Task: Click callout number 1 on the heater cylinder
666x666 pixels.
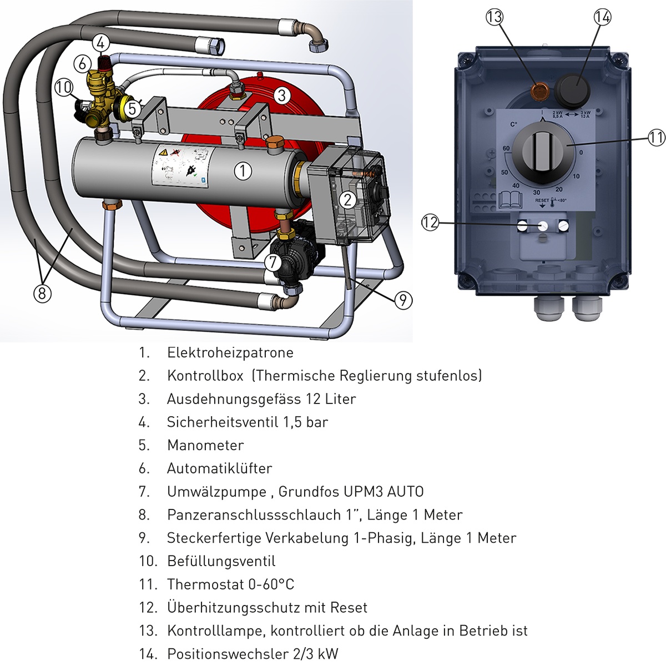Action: [243, 171]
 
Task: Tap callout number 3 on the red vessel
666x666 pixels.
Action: [282, 95]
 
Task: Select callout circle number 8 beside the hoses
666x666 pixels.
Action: [42, 292]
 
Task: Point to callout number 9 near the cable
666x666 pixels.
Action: [403, 300]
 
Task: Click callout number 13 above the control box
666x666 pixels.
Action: [494, 17]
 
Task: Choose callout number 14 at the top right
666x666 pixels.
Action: [602, 17]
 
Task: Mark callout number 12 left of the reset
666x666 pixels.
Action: [430, 223]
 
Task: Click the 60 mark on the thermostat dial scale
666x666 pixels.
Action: [506, 149]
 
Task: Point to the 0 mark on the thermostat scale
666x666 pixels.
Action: [581, 153]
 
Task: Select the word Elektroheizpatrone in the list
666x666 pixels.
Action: [230, 352]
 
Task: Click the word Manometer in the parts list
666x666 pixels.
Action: [205, 445]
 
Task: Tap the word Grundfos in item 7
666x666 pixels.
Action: [309, 492]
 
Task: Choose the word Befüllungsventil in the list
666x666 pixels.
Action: [221, 561]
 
